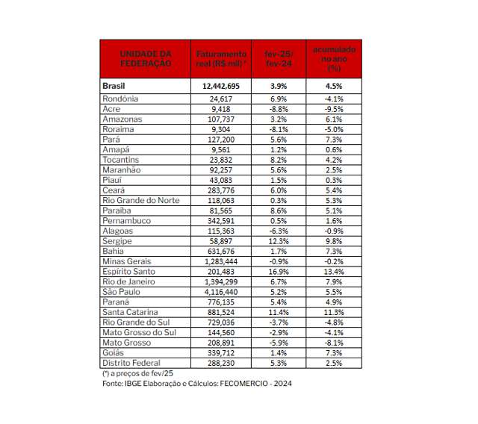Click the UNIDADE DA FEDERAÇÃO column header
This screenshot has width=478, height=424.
tap(145, 59)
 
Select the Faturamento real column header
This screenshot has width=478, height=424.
tap(220, 59)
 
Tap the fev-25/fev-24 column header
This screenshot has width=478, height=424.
tap(279, 59)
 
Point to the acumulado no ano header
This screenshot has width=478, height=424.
tap(334, 57)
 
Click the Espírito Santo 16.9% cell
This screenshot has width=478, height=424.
tap(279, 272)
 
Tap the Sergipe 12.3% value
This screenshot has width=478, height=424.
tap(279, 241)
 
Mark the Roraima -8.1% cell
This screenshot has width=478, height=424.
tap(279, 129)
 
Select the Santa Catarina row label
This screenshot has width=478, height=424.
tap(130, 312)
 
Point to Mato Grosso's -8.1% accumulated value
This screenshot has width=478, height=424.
tap(334, 343)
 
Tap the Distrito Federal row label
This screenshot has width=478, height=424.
tap(130, 363)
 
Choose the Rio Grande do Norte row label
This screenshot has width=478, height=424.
tap(140, 200)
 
